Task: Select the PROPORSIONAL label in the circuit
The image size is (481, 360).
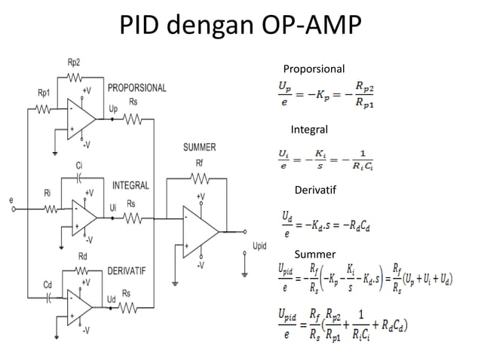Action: (137, 88)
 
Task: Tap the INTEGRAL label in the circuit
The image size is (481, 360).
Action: (130, 185)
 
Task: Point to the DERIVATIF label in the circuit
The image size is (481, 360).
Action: (126, 270)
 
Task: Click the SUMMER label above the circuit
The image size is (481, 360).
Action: (199, 148)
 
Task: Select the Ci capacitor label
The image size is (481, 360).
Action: (79, 165)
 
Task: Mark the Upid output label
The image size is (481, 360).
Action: (259, 246)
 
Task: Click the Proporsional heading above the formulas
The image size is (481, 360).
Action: (314, 69)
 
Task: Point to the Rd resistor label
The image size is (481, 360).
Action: (83, 256)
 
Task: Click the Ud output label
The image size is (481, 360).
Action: (112, 300)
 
